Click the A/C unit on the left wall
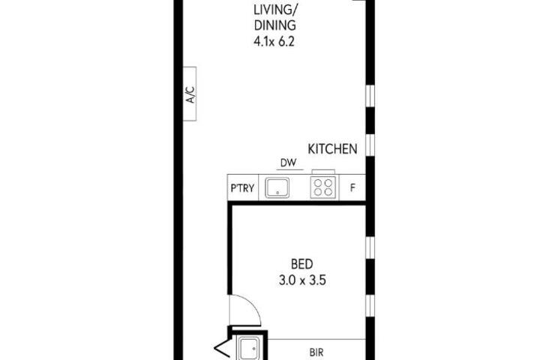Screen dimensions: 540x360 click(x=190, y=94)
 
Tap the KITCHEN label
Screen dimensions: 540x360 click(x=332, y=148)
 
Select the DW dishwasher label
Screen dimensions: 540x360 click(x=288, y=163)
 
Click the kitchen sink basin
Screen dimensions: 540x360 click(x=277, y=187)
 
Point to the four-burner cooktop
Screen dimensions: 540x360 click(x=322, y=187)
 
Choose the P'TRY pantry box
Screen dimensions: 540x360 click(x=243, y=187)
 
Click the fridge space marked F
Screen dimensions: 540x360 click(x=352, y=187)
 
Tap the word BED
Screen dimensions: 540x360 click(x=302, y=264)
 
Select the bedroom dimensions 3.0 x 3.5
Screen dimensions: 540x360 click(x=302, y=280)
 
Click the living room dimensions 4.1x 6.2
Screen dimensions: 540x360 click(x=274, y=42)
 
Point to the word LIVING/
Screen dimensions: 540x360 click(x=274, y=10)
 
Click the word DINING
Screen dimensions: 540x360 click(x=274, y=25)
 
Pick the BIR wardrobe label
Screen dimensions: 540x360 click(x=316, y=352)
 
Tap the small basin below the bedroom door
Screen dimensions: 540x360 click(x=249, y=349)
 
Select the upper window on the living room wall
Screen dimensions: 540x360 click(x=370, y=96)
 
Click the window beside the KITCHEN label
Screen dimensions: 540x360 click(x=370, y=145)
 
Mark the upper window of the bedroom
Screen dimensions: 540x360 click(x=370, y=247)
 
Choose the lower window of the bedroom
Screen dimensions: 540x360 click(x=370, y=306)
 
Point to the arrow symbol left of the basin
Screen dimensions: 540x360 click(x=221, y=349)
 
